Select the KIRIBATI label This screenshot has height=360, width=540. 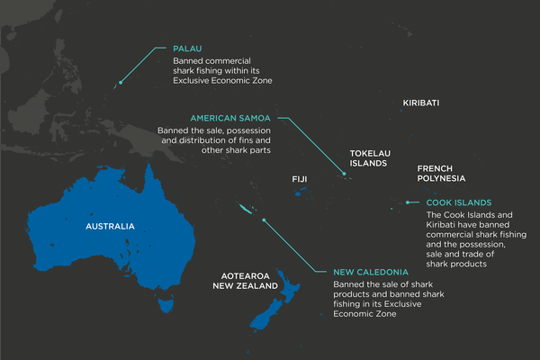click(421, 103)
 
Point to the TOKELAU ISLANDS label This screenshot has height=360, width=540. click(368, 158)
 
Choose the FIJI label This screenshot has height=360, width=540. click(300, 180)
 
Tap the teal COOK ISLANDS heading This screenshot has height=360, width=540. click(458, 203)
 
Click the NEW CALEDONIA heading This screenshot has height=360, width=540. click(371, 272)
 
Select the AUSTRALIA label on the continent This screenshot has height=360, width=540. click(110, 226)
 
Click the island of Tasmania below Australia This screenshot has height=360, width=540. click(165, 305)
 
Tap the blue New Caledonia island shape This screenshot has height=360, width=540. click(246, 209)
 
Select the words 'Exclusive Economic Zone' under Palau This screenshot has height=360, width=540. click(222, 81)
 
